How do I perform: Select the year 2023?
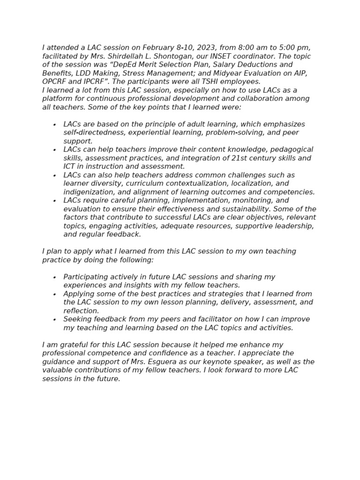(x=206, y=48)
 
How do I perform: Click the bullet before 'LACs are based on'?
(x=55, y=125)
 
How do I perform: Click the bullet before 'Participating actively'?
(x=55, y=277)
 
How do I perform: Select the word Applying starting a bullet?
(x=79, y=294)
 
